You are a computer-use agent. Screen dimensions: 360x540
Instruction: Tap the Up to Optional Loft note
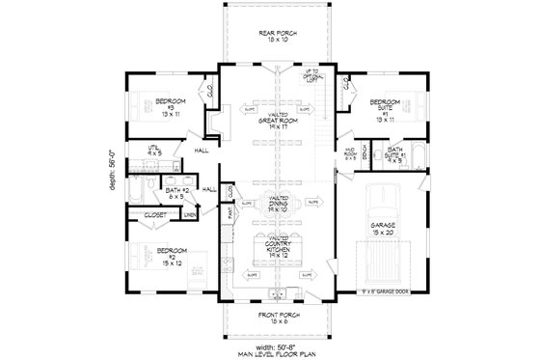309,78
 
